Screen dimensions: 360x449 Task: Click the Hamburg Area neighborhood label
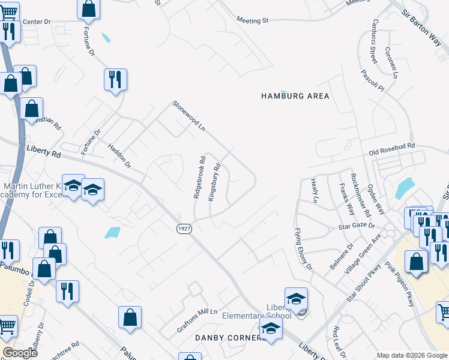(x=295, y=96)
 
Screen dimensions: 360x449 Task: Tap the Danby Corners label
(x=231, y=338)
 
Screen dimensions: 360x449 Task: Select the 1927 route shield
(x=184, y=229)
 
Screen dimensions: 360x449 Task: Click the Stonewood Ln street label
(x=189, y=115)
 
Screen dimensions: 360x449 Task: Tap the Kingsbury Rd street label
(x=217, y=182)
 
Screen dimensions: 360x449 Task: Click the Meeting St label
(x=252, y=20)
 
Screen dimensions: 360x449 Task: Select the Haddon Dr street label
(x=119, y=155)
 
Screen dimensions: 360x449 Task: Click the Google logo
(x=20, y=353)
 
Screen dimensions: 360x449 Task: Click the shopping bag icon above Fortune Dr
(x=88, y=9)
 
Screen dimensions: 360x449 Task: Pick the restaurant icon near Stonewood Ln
(x=115, y=79)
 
